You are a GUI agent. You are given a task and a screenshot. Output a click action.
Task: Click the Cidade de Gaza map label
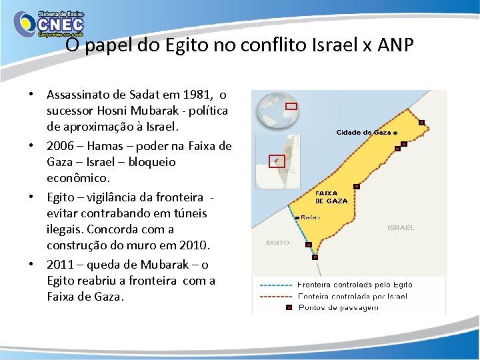point(363,132)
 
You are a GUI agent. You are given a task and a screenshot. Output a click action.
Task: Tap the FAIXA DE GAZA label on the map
point(331,197)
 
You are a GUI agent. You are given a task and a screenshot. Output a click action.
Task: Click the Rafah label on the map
point(310,217)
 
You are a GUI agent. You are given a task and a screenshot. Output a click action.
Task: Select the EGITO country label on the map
point(278,243)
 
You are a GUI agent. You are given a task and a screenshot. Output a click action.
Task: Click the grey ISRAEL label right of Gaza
point(401,227)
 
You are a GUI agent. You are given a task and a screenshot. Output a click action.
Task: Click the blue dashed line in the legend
point(275,285)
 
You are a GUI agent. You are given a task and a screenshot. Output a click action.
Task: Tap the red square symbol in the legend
point(288,307)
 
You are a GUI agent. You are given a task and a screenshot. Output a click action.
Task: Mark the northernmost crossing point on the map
point(421,122)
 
